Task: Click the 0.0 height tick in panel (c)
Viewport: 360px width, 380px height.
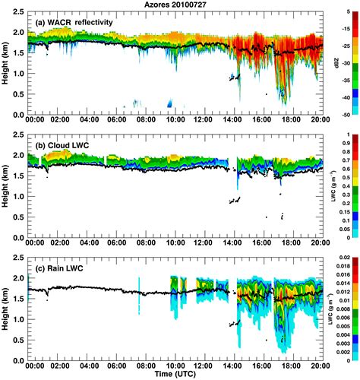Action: pyautogui.click(x=21, y=356)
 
